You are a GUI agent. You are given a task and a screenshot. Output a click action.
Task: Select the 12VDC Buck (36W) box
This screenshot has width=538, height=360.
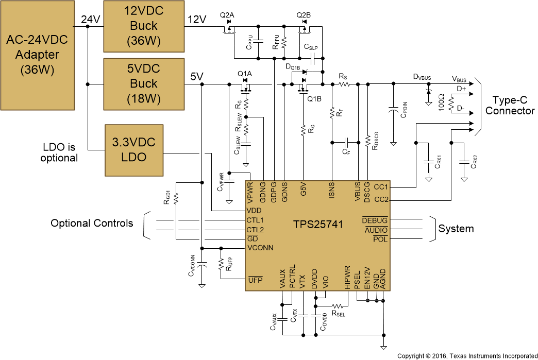144,25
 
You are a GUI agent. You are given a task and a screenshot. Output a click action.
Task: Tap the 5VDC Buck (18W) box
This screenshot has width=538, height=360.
144,83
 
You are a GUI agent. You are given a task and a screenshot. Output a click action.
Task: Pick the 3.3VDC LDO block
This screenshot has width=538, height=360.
133,149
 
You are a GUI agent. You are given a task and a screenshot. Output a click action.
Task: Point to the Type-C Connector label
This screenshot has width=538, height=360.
510,106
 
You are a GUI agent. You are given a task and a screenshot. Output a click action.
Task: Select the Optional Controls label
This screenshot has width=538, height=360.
92,223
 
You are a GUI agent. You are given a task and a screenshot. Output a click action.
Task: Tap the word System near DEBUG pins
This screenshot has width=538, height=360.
456,229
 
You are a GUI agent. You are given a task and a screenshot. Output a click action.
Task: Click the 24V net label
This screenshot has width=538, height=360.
91,20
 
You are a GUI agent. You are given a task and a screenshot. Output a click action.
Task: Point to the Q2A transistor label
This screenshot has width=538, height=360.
227,15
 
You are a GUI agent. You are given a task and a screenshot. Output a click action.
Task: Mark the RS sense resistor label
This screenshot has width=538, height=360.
343,76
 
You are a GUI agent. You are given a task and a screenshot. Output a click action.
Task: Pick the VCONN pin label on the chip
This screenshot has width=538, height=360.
260,248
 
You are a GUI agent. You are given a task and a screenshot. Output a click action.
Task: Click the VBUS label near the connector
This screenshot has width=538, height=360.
459,79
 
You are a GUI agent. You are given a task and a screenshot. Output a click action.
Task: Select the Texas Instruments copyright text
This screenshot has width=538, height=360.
467,355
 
